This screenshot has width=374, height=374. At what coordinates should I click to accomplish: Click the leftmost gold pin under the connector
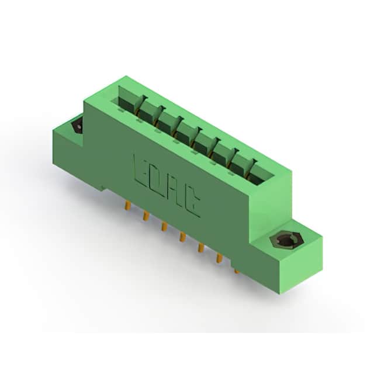128,206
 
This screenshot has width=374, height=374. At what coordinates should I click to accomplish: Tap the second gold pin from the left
146,216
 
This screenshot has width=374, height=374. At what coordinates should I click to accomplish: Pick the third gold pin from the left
164,227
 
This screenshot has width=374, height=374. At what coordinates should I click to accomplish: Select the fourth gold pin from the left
182,237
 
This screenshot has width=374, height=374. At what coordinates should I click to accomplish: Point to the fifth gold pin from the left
201,248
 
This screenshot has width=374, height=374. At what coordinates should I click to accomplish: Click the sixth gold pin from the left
219,258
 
